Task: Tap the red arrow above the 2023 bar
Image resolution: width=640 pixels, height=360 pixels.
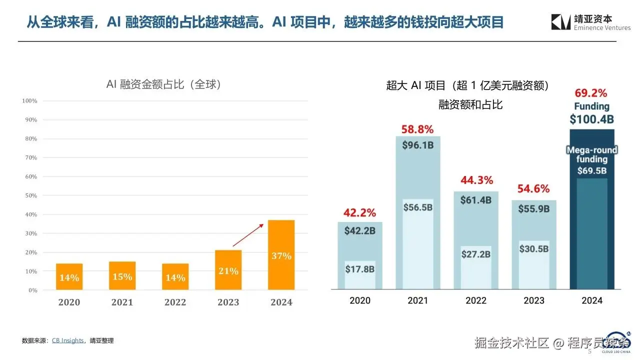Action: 248,235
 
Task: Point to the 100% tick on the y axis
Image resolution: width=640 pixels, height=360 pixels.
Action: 30,101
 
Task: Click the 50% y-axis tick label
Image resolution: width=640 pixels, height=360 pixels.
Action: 31,195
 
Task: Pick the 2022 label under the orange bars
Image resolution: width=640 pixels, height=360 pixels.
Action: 175,302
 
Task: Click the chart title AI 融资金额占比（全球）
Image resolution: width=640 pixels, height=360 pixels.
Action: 164,84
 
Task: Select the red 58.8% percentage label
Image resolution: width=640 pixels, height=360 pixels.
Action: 417,129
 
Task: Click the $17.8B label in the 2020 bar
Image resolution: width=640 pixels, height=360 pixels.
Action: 360,269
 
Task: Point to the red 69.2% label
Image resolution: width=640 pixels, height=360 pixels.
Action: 591,93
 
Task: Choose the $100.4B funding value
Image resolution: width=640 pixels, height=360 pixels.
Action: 592,119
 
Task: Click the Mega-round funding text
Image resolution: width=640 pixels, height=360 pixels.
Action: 592,154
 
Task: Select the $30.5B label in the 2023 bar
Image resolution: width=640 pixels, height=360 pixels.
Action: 533,249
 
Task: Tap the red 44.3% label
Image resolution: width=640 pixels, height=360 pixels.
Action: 475,180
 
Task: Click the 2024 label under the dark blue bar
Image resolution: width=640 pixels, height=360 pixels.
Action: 592,300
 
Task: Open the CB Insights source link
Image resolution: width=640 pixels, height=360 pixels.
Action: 68,340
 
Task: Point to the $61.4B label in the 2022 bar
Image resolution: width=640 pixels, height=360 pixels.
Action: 475,200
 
